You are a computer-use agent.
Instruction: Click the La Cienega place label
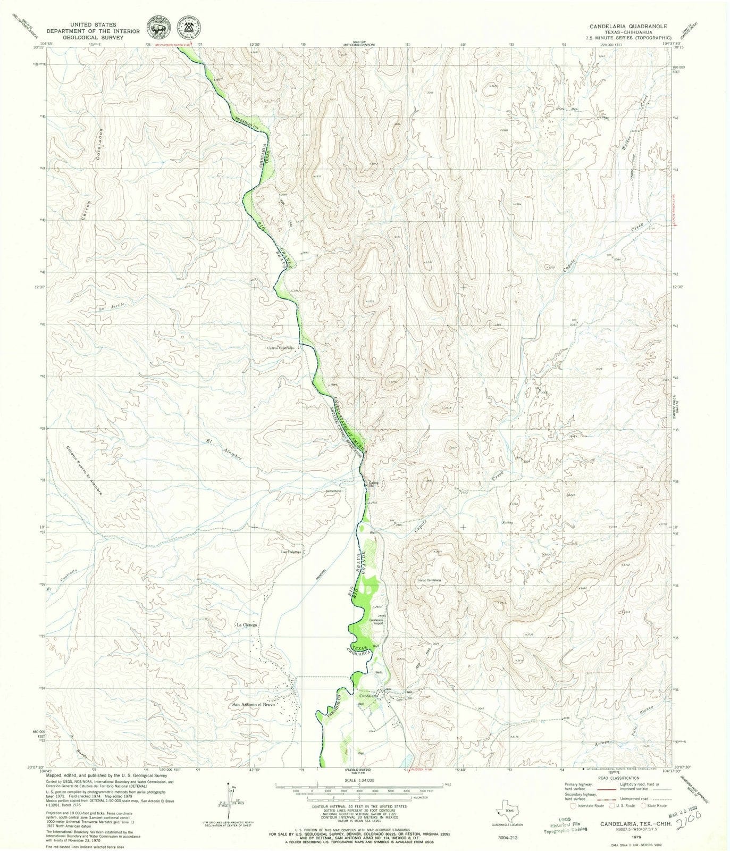(x=247, y=625)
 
